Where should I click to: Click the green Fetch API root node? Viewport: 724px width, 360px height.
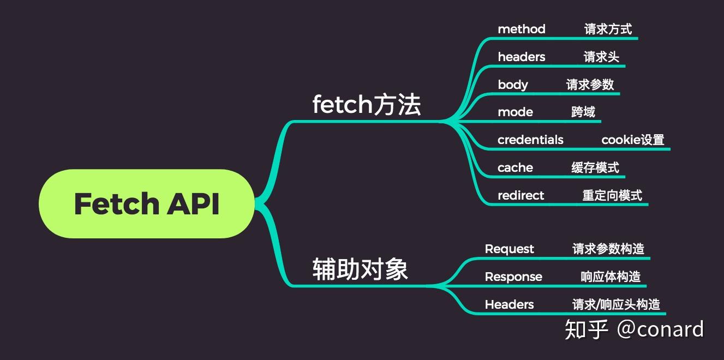coord(146,203)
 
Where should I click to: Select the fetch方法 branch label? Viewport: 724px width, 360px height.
coord(366,104)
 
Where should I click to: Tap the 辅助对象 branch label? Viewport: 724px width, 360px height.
coord(360,269)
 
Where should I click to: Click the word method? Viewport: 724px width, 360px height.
coord(521,29)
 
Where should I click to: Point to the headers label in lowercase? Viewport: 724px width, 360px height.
coord(521,57)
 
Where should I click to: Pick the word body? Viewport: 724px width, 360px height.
coord(512,85)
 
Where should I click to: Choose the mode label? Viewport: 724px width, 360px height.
coord(515,112)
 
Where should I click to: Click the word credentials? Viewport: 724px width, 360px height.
coord(530,140)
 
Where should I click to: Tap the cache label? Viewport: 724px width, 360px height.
coord(515,167)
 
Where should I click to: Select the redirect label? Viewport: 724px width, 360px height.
coord(520,195)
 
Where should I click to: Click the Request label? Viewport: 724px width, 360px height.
coord(509,249)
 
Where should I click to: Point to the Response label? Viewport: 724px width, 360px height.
coord(513,277)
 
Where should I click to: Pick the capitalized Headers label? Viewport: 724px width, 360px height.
coord(509,304)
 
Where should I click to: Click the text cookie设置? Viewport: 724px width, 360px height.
coord(632,140)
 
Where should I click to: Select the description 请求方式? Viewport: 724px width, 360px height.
coord(608,29)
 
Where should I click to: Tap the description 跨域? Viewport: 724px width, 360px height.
coord(583,112)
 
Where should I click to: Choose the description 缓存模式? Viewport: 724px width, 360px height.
coord(595,167)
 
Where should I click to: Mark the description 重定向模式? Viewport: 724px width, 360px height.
coord(612,195)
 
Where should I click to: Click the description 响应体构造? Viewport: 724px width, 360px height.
coord(610,277)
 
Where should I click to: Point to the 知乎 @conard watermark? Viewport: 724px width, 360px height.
coord(634,329)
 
